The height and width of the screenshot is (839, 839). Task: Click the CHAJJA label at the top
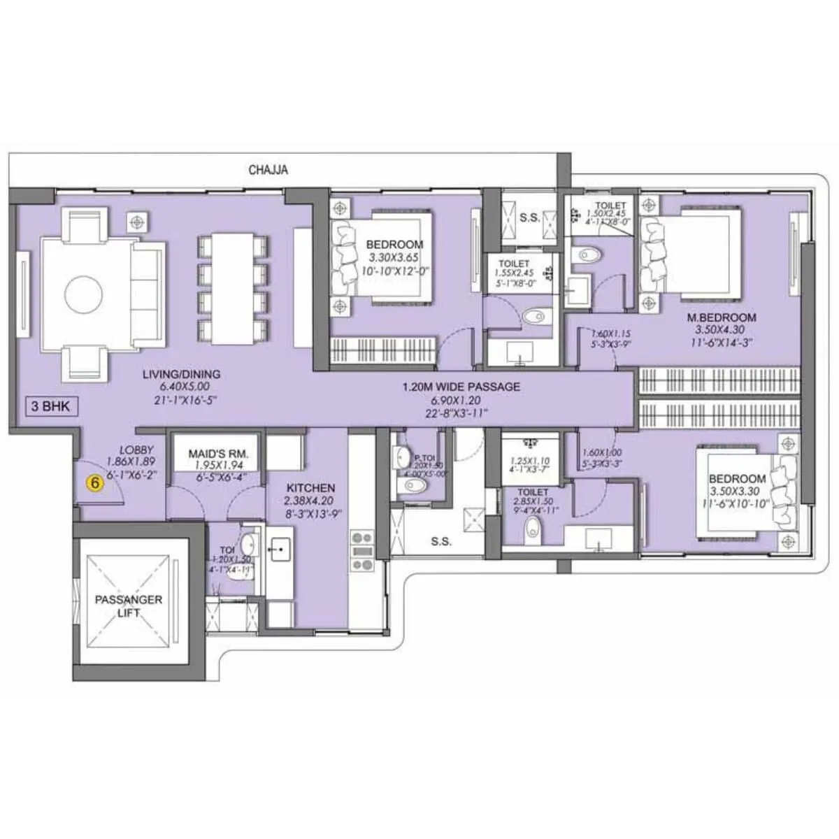tap(268, 170)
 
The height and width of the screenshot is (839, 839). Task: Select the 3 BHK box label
tap(51, 406)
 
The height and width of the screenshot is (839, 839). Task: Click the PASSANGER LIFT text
tap(129, 605)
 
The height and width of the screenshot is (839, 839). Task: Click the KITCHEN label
tap(310, 487)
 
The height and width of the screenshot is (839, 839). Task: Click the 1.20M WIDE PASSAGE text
tap(461, 387)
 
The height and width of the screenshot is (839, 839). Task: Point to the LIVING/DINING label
tap(181, 374)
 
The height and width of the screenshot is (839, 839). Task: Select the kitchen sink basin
tap(280, 549)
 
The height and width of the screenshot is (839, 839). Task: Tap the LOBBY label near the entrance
tap(136, 449)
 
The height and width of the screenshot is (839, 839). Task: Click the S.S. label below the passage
tap(441, 541)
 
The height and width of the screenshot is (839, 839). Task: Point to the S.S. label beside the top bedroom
tap(529, 217)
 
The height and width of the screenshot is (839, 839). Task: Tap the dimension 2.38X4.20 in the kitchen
tap(310, 500)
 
